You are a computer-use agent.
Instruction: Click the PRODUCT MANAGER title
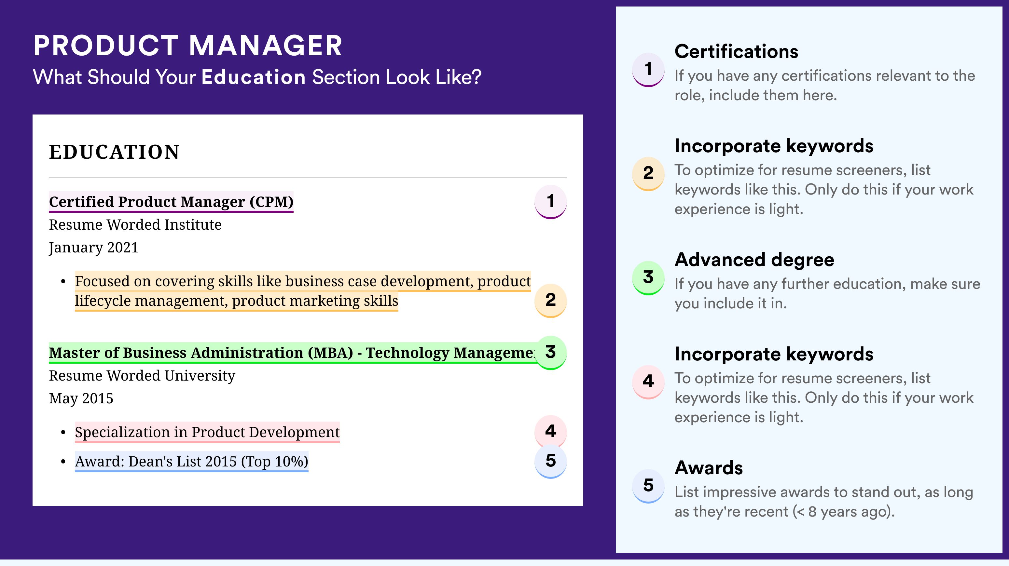pos(187,46)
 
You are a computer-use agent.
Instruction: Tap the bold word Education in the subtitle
pos(254,77)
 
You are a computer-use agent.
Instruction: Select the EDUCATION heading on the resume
pos(114,152)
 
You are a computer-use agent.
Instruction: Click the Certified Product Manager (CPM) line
pos(171,202)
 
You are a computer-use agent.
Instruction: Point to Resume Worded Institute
pos(135,225)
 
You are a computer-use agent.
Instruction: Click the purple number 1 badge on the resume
pos(550,202)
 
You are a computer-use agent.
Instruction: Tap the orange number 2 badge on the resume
pos(550,300)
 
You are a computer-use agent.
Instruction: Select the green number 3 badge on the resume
pos(550,352)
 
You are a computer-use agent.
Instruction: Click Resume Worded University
pos(142,376)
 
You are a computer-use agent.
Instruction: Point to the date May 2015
pos(81,398)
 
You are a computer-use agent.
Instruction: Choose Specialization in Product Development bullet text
pos(207,432)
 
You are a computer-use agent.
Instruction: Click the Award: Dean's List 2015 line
pos(191,462)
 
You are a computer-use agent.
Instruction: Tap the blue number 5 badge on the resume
pos(550,461)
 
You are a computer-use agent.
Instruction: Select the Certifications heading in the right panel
pos(736,51)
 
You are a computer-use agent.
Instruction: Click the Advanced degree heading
pos(754,260)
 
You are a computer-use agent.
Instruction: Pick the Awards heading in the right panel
pos(709,468)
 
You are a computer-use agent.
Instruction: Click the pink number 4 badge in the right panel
pos(648,382)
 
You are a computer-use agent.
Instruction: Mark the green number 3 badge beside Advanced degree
pos(648,277)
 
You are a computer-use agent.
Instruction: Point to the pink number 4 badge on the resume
pos(550,431)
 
